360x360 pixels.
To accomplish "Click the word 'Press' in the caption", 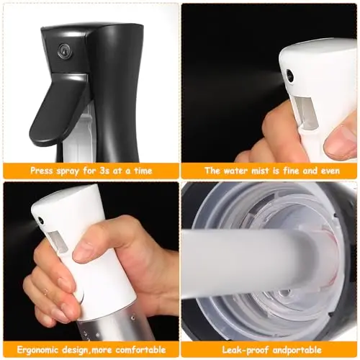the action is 41,171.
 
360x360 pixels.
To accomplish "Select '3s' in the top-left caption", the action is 99,171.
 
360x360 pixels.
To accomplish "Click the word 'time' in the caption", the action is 143,171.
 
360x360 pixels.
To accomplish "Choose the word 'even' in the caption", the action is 330,171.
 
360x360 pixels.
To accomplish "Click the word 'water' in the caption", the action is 235,171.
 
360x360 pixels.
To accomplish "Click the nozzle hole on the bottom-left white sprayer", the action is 40,220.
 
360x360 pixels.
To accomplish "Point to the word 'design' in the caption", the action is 74,350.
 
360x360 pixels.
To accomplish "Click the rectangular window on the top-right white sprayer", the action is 305,109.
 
